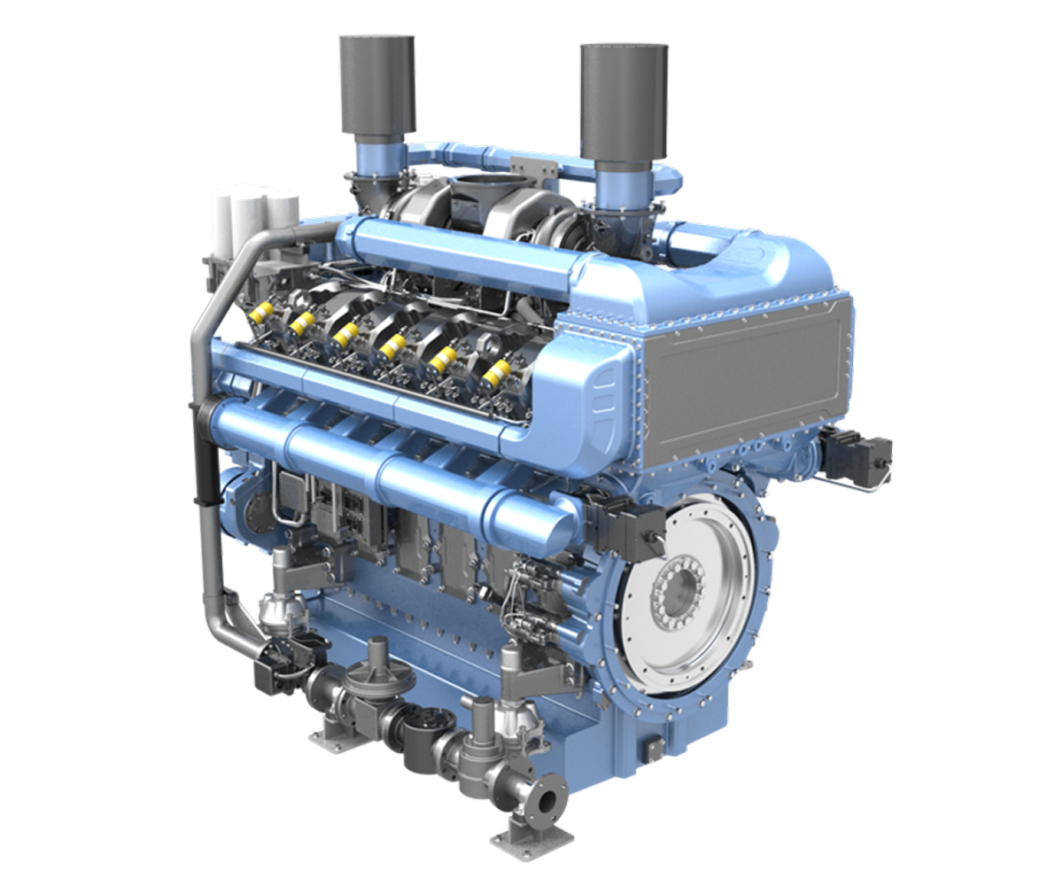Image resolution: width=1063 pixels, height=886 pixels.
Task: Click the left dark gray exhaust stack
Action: point(376,84)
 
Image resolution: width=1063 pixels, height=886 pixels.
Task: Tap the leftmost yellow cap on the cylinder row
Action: point(262,311)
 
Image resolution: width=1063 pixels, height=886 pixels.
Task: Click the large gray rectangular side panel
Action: point(744,381)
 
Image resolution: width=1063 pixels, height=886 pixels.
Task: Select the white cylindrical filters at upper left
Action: point(253,213)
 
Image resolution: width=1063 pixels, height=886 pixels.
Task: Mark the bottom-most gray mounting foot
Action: point(523,837)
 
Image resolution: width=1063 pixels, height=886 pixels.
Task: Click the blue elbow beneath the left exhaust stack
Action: point(372,164)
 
